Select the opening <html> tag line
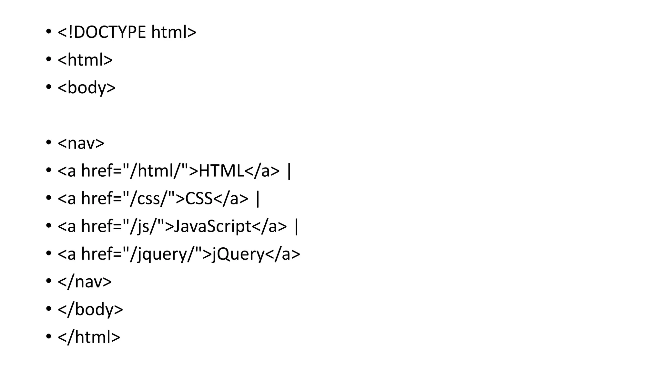pyautogui.click(x=85, y=60)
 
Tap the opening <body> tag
pyautogui.click(x=86, y=88)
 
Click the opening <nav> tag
pyautogui.click(x=81, y=143)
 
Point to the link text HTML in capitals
pyautogui.click(x=221, y=171)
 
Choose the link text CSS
pyautogui.click(x=199, y=199)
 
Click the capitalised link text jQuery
pyautogui.click(x=238, y=254)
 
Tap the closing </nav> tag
pyautogui.click(x=85, y=282)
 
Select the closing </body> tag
pyautogui.click(x=90, y=309)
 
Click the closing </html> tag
pyautogui.click(x=89, y=337)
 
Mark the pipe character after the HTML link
pyautogui.click(x=289, y=171)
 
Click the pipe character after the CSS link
pyautogui.click(x=258, y=199)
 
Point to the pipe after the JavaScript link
pyautogui.click(x=296, y=226)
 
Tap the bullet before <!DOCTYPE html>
pyautogui.click(x=48, y=32)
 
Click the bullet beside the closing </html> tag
pyautogui.click(x=48, y=337)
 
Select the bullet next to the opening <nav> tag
pyautogui.click(x=48, y=143)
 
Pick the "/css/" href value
pyautogui.click(x=149, y=199)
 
